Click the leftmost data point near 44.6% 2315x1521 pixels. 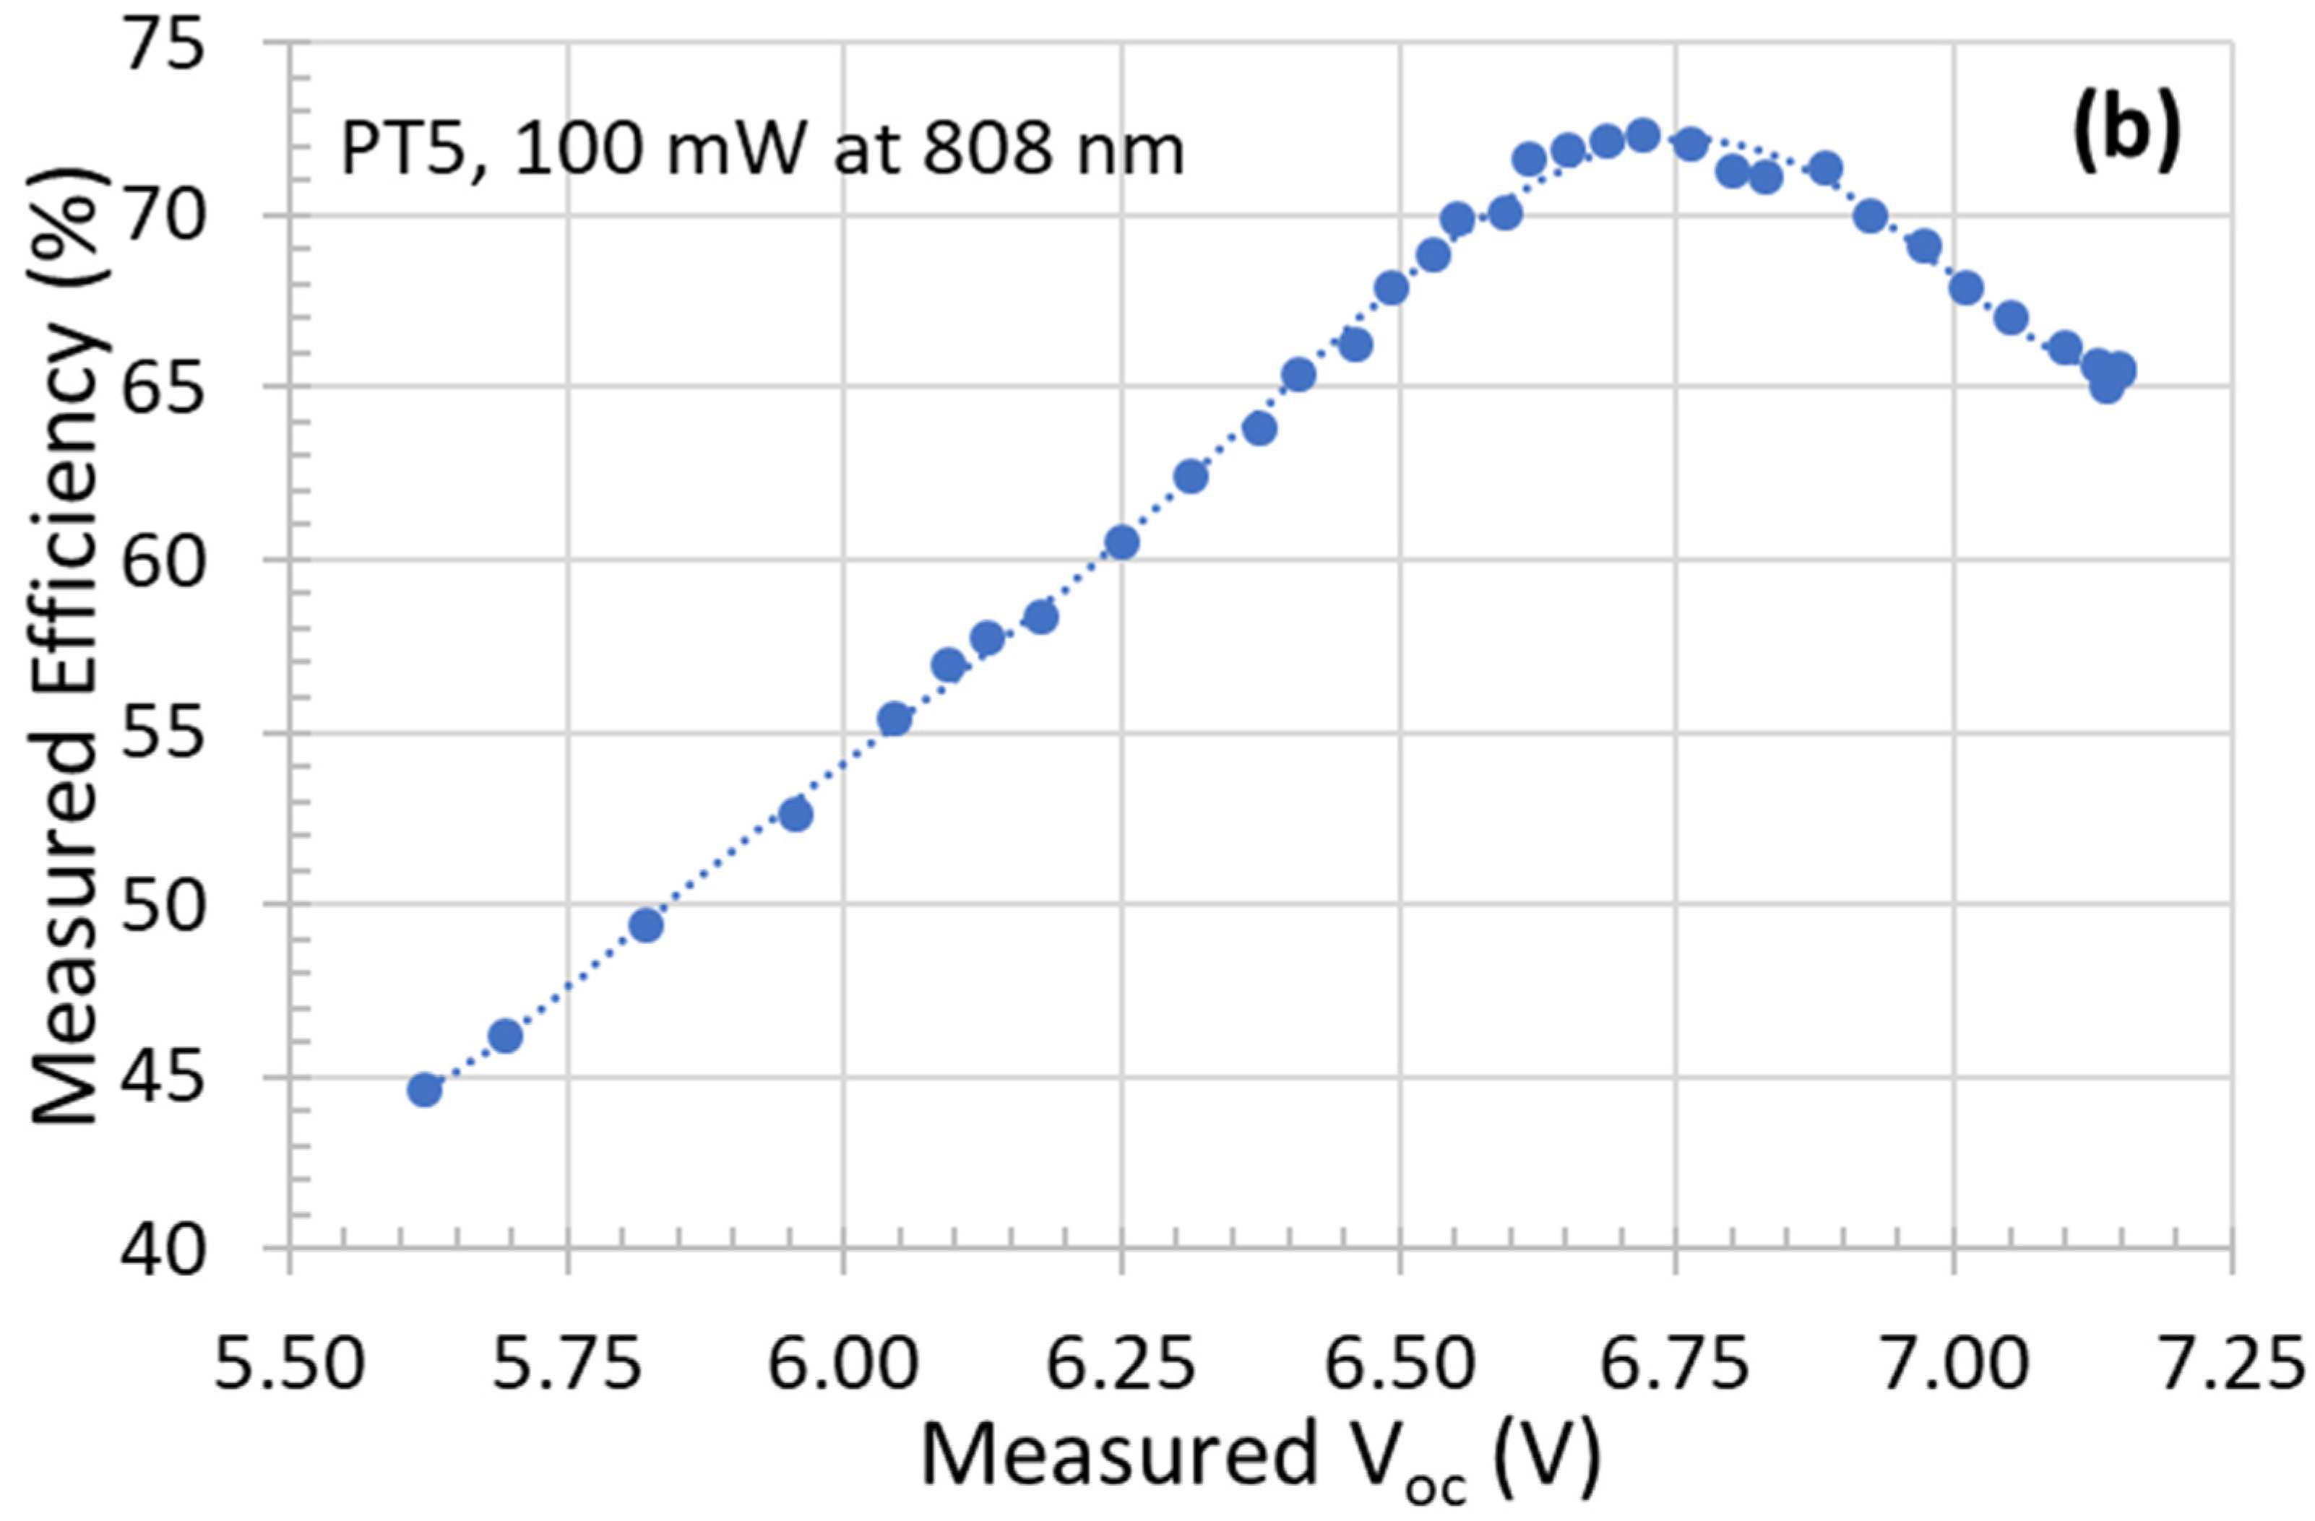click(x=424, y=1090)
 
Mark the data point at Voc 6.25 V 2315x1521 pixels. click(x=1121, y=542)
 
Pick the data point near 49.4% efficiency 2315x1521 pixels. click(x=646, y=925)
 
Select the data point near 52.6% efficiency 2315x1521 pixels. click(x=796, y=815)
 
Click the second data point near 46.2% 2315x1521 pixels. click(x=505, y=1036)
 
